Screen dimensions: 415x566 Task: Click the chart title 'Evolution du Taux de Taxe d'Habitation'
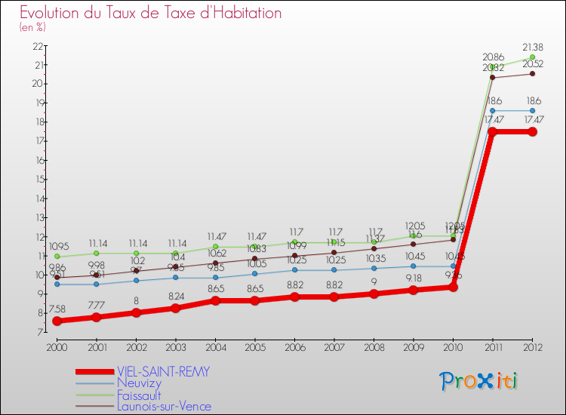coord(151,14)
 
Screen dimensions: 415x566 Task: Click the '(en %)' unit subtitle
coord(32,28)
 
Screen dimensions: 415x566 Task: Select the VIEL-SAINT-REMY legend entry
coord(162,372)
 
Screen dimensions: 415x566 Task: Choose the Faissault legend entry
coord(140,395)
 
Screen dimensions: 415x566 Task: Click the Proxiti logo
coord(479,381)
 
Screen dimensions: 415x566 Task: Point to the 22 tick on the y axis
coord(37,46)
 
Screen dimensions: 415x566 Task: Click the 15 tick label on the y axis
coord(37,180)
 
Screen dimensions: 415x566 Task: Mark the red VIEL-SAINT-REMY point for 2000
coord(57,321)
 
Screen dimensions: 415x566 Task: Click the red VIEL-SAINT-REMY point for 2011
coord(492,132)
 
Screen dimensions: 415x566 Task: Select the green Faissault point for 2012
coord(532,57)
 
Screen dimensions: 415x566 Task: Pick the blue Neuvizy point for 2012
coord(532,110)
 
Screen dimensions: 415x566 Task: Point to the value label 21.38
coord(532,47)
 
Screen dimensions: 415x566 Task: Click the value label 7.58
coord(57,309)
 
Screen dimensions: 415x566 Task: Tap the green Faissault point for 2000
coord(57,257)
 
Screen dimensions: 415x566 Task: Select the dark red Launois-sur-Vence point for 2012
coord(532,73)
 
